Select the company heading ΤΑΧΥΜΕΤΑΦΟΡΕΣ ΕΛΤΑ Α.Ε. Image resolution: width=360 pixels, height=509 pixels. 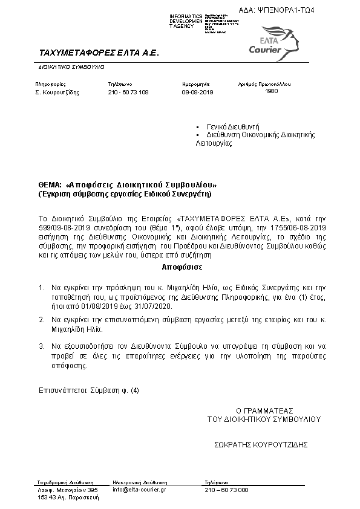pyautogui.click(x=98, y=53)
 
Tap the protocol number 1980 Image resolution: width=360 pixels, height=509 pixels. pyautogui.click(x=272, y=91)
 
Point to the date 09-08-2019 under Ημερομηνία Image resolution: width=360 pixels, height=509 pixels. pyautogui.click(x=198, y=92)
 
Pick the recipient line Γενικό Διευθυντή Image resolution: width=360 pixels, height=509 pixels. pyautogui.click(x=233, y=127)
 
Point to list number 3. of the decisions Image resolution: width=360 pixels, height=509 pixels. pyautogui.click(x=41, y=346)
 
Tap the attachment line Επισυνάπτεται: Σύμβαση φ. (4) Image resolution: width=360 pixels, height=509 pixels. pyautogui.click(x=89, y=391)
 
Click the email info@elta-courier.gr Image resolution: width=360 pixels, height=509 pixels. pyautogui.click(x=140, y=489)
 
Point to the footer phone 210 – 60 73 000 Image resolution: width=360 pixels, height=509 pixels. pyautogui.click(x=226, y=489)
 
